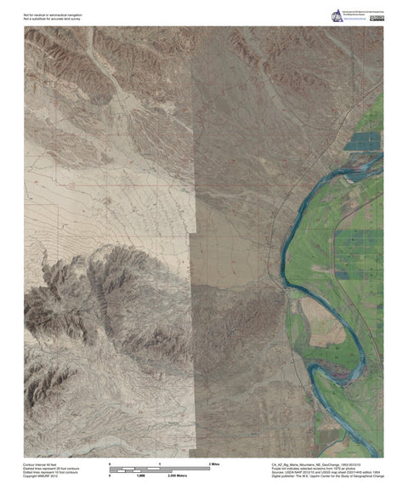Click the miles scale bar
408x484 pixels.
coord(161,468)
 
